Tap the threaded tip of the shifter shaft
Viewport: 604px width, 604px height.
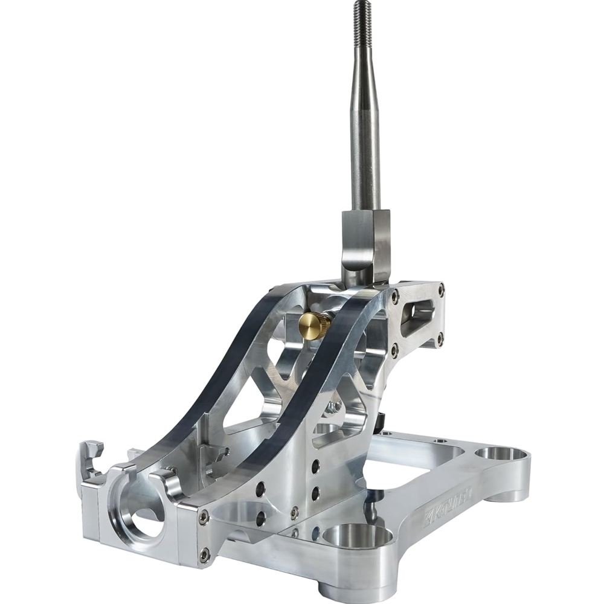[x=362, y=15]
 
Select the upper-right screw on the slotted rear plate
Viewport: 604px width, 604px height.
[x=441, y=288]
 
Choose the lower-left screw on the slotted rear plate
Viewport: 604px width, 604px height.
[x=395, y=349]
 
